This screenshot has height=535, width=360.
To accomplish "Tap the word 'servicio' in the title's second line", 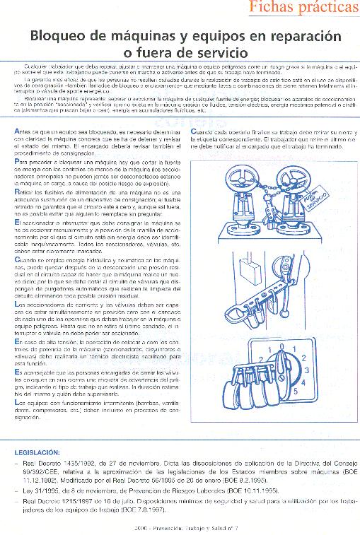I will (x=219, y=52).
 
